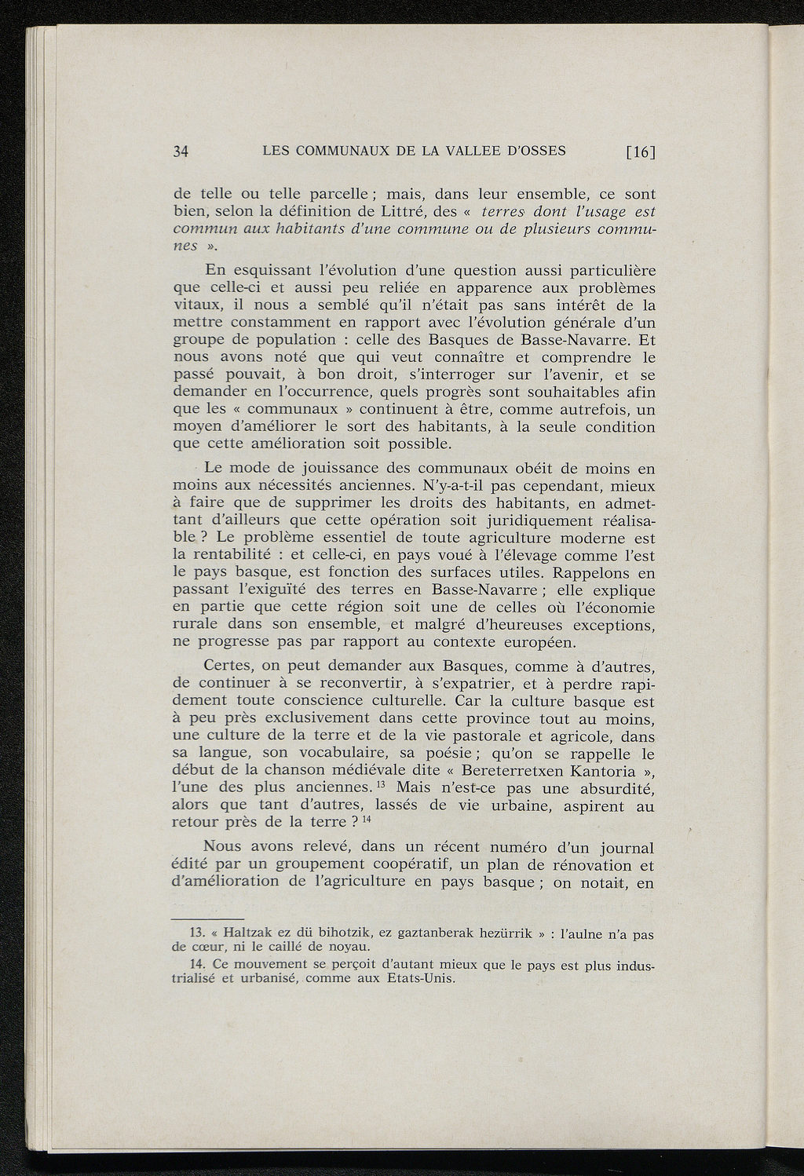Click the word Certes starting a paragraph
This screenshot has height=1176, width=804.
point(228,667)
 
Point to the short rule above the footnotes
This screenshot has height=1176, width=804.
point(207,919)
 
